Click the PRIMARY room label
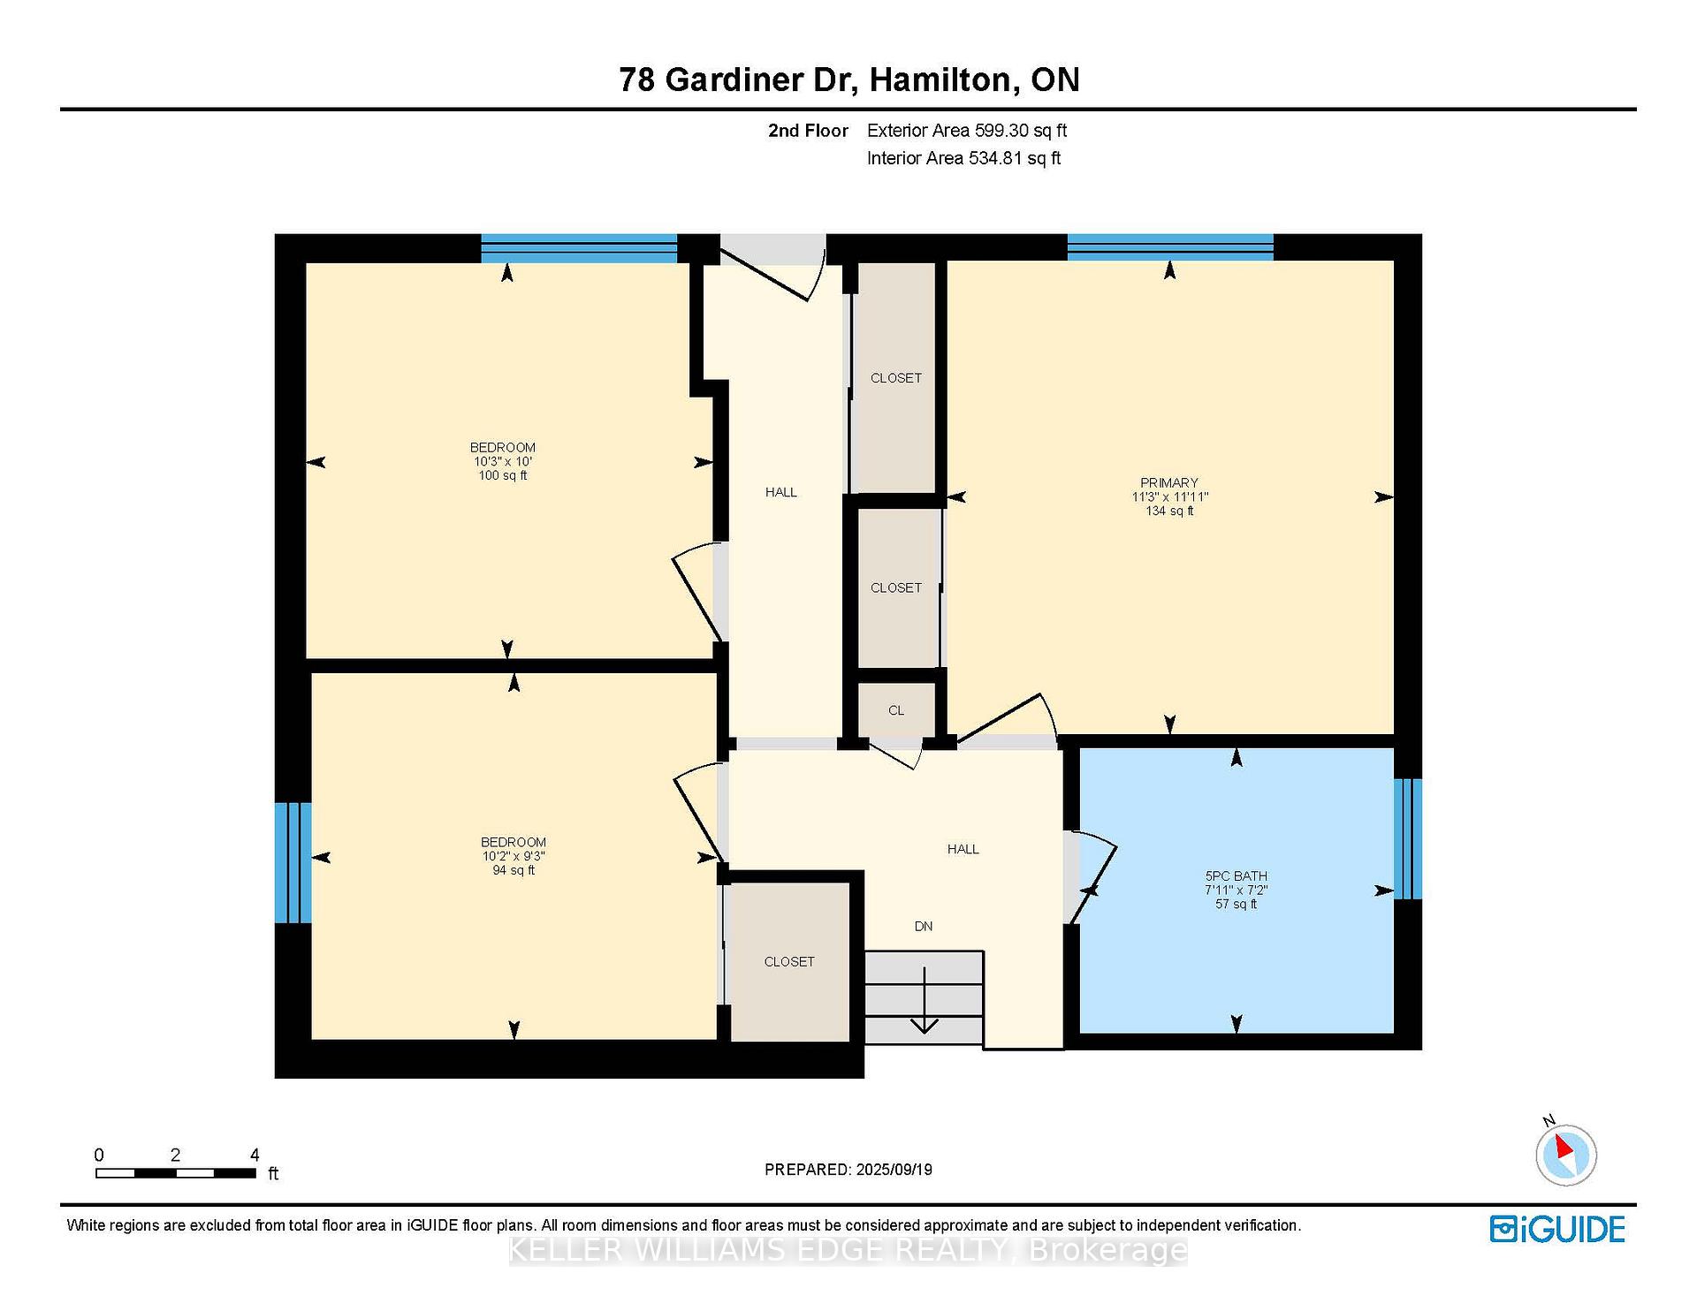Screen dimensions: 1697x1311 (x=1168, y=482)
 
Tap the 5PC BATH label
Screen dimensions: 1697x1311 (x=1236, y=876)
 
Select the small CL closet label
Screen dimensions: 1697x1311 (x=896, y=710)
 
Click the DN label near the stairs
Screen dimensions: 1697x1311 (x=924, y=926)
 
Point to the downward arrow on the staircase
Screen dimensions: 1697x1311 (x=925, y=1000)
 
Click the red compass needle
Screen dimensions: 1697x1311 (x=1564, y=1148)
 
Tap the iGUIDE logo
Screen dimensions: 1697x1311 (x=1557, y=1229)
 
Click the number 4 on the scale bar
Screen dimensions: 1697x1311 (x=255, y=1155)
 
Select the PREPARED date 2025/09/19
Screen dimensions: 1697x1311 (x=894, y=1170)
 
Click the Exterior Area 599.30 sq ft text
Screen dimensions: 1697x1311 (x=967, y=131)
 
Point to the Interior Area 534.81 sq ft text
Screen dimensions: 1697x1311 (x=963, y=158)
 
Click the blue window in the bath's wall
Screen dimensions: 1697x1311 (x=1408, y=838)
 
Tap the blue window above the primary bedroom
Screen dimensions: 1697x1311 (x=1170, y=246)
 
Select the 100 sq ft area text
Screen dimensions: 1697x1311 (x=503, y=475)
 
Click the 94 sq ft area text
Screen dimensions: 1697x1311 (x=514, y=870)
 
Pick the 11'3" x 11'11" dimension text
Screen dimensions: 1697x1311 (x=1170, y=496)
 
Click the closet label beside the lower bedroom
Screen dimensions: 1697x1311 (x=789, y=961)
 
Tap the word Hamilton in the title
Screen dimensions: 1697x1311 (x=940, y=80)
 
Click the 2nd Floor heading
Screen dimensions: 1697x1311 (x=808, y=131)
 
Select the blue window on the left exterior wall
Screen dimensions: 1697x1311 (x=293, y=862)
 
